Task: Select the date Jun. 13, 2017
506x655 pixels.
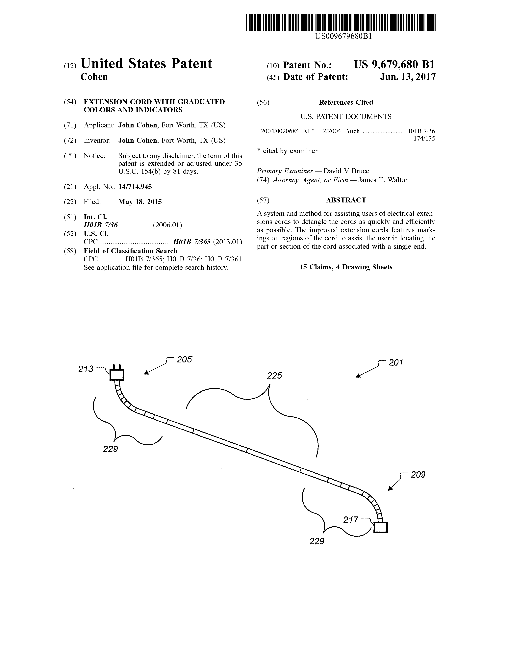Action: click(408, 77)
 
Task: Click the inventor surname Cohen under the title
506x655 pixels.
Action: click(94, 77)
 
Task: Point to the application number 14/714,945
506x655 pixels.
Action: click(135, 187)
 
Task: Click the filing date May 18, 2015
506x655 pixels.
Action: click(140, 202)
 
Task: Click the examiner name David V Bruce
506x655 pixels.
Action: click(346, 171)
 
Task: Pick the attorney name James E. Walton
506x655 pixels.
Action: click(384, 180)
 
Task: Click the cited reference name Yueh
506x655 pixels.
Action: click(353, 131)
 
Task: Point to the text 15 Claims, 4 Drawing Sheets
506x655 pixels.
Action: click(346, 267)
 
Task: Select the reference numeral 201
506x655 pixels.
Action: click(396, 363)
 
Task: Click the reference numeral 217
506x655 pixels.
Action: click(351, 520)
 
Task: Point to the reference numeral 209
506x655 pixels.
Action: click(418, 475)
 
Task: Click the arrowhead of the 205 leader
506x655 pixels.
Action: click(146, 373)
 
